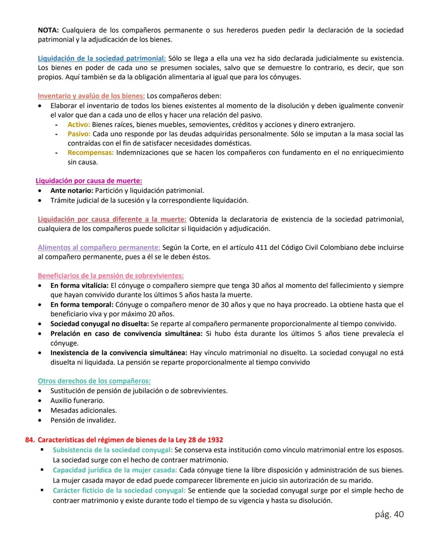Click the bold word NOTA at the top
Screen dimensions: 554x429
click(x=48, y=30)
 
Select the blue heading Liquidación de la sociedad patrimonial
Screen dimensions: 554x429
click(x=102, y=58)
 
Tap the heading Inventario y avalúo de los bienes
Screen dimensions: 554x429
click(x=91, y=96)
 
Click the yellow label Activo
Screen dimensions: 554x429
click(x=79, y=125)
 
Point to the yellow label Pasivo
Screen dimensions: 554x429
click(x=79, y=134)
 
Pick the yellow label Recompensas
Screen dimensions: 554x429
click(x=91, y=153)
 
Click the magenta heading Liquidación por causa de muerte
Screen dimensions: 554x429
click(x=89, y=181)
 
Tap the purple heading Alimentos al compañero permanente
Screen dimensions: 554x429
click(x=99, y=247)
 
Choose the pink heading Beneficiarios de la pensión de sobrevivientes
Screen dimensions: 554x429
click(x=110, y=276)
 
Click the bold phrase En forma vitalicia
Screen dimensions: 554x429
click(x=79, y=286)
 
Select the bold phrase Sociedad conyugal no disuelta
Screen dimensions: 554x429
click(x=99, y=324)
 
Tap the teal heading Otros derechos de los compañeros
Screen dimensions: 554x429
click(x=94, y=381)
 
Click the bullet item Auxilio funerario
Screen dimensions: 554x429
click(x=77, y=401)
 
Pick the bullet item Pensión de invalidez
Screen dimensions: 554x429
click(x=83, y=420)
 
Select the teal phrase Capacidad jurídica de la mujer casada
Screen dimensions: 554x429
click(x=115, y=470)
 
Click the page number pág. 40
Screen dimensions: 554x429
click(x=389, y=514)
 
